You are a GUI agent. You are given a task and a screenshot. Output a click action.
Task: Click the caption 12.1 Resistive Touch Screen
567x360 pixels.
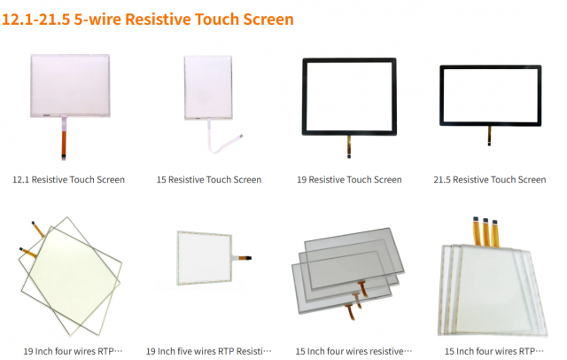(68, 180)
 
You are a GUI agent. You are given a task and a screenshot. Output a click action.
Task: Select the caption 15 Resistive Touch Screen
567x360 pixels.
(209, 180)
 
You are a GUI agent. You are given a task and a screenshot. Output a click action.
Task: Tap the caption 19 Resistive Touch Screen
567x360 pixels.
(349, 180)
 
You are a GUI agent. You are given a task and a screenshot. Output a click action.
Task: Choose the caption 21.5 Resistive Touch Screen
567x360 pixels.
(489, 180)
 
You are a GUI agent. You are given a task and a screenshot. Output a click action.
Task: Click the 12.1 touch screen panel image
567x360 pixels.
(69, 84)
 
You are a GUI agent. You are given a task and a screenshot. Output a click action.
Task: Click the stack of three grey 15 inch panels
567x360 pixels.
(346, 270)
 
